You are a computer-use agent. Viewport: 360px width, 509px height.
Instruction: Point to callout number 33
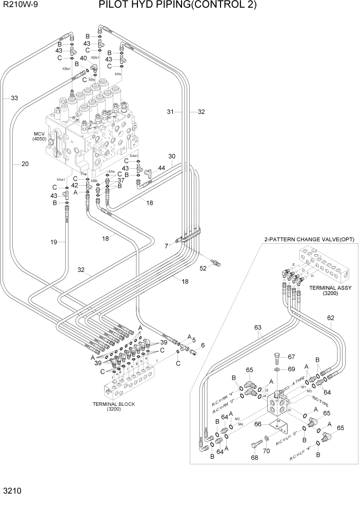pyautogui.click(x=14, y=98)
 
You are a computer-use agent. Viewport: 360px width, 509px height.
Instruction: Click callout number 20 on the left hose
pyautogui.click(x=25, y=164)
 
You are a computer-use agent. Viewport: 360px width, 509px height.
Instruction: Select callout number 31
pyautogui.click(x=171, y=111)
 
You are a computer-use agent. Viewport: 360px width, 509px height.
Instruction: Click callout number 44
pyautogui.click(x=162, y=168)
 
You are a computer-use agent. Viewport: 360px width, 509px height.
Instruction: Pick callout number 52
pyautogui.click(x=203, y=268)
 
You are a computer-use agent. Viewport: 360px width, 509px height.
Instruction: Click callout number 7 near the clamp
pyautogui.click(x=166, y=246)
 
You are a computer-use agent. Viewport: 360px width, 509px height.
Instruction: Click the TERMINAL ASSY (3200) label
pyautogui.click(x=330, y=291)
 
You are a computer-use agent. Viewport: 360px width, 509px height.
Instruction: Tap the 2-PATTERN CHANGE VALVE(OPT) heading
pyautogui.click(x=309, y=240)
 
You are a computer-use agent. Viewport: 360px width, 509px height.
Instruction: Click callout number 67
pyautogui.click(x=292, y=357)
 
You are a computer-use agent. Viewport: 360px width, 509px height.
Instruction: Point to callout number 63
pyautogui.click(x=257, y=327)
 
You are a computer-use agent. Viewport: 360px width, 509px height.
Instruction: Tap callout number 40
pyautogui.click(x=83, y=58)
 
